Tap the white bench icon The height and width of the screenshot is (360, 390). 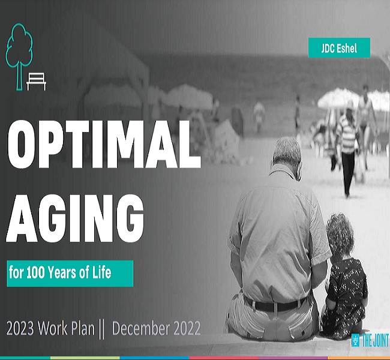coord(37,82)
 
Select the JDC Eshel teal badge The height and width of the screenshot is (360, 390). coord(339,48)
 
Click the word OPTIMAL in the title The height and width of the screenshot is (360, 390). coord(104,144)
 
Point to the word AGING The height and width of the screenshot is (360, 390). coord(75,218)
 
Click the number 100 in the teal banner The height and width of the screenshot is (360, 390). coord(36,272)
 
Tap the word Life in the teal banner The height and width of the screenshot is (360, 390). coord(102,272)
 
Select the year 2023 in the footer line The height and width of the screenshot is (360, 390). coord(20,328)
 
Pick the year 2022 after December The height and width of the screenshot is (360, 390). coord(187,328)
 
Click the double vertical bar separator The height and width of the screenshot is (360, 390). coord(102,329)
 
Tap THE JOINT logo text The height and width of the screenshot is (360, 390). coord(375,340)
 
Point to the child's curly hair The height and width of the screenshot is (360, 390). coord(340,234)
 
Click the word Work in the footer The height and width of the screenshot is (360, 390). coord(53,328)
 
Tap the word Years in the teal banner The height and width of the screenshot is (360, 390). coord(62,272)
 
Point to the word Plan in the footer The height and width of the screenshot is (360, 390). coord(83,328)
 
